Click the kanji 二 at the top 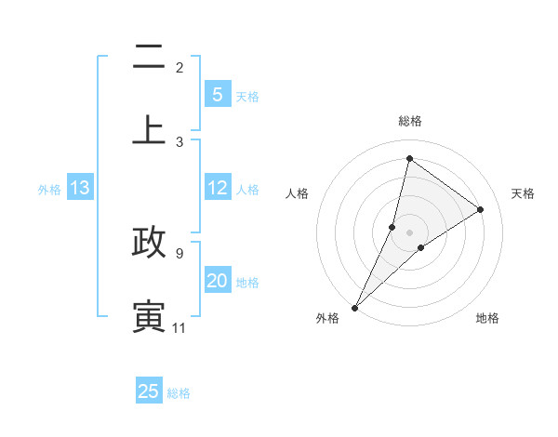click(x=149, y=59)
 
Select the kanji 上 click(x=149, y=129)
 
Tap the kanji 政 click(x=149, y=242)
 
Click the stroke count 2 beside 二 click(x=179, y=68)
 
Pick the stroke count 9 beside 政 click(x=179, y=253)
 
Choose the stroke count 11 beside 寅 click(x=179, y=328)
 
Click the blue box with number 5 click(x=217, y=95)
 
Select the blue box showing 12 click(x=217, y=188)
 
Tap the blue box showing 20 click(x=217, y=281)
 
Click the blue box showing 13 click(x=80, y=188)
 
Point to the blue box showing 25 click(x=149, y=391)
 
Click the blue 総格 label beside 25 click(x=179, y=393)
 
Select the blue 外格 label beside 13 click(x=49, y=190)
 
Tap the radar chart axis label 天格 click(x=523, y=193)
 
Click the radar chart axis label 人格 click(x=297, y=193)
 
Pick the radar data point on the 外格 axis click(x=354, y=308)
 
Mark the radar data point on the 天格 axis click(x=481, y=209)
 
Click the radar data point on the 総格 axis click(x=409, y=159)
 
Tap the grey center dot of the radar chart click(x=409, y=232)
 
